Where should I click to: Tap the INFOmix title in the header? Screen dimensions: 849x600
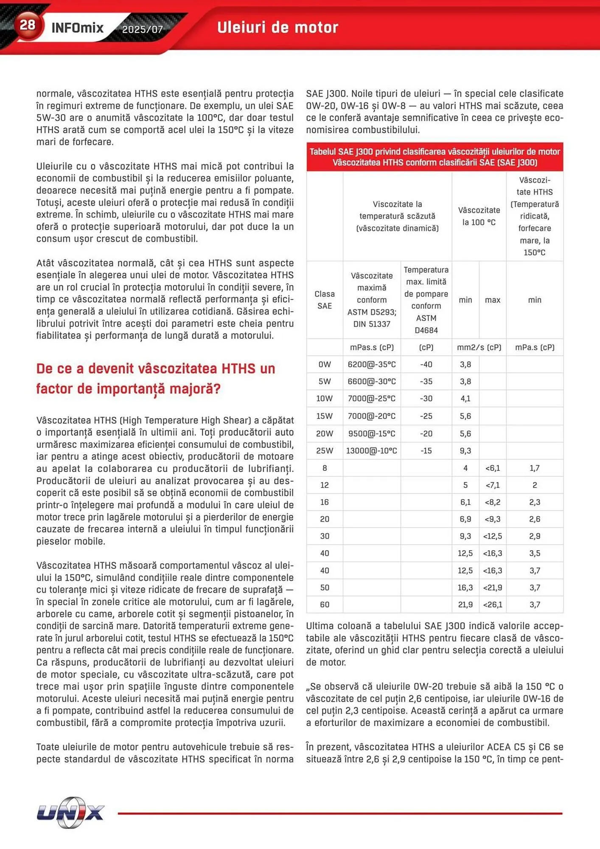tap(77, 28)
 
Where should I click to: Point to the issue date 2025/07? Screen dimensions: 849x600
tap(142, 29)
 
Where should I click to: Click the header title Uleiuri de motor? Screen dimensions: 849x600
tap(278, 28)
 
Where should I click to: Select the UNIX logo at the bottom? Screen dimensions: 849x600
tap(70, 812)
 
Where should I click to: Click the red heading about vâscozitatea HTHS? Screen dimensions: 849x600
tap(155, 378)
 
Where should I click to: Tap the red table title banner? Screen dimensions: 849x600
tap(435, 157)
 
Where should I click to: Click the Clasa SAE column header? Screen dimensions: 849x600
tap(325, 300)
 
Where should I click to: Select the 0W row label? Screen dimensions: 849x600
tap(325, 364)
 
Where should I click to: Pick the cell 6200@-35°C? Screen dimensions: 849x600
tap(371, 364)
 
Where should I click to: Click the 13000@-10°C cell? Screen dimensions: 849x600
tap(371, 450)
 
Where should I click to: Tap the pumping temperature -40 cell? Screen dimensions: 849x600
tap(426, 364)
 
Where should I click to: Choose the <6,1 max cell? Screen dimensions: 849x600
tap(492, 468)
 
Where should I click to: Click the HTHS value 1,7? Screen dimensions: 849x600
tap(534, 468)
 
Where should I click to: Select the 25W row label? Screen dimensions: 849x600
tap(325, 450)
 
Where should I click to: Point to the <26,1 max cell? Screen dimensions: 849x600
tap(492, 604)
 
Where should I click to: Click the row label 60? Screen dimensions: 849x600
tap(325, 604)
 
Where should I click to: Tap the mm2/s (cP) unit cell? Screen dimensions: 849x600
tap(479, 347)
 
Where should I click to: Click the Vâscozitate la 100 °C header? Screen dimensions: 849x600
tap(479, 216)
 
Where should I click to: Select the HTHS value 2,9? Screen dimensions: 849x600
tap(534, 536)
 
